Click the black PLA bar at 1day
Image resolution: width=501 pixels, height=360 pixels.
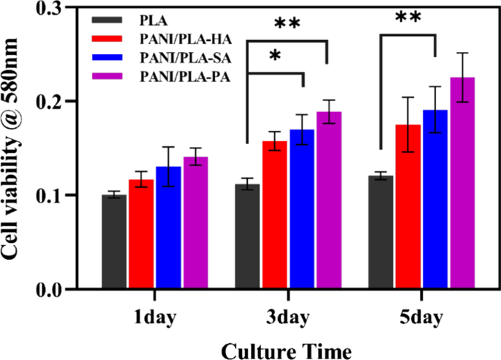point(115,241)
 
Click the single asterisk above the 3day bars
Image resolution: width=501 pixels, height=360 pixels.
point(276,57)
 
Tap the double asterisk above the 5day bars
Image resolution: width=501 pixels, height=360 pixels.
point(407,16)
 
